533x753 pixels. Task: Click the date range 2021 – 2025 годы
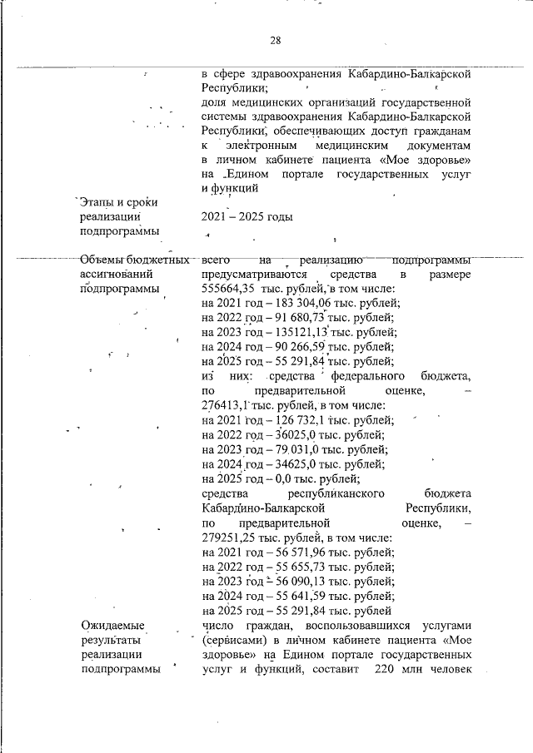(x=247, y=216)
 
